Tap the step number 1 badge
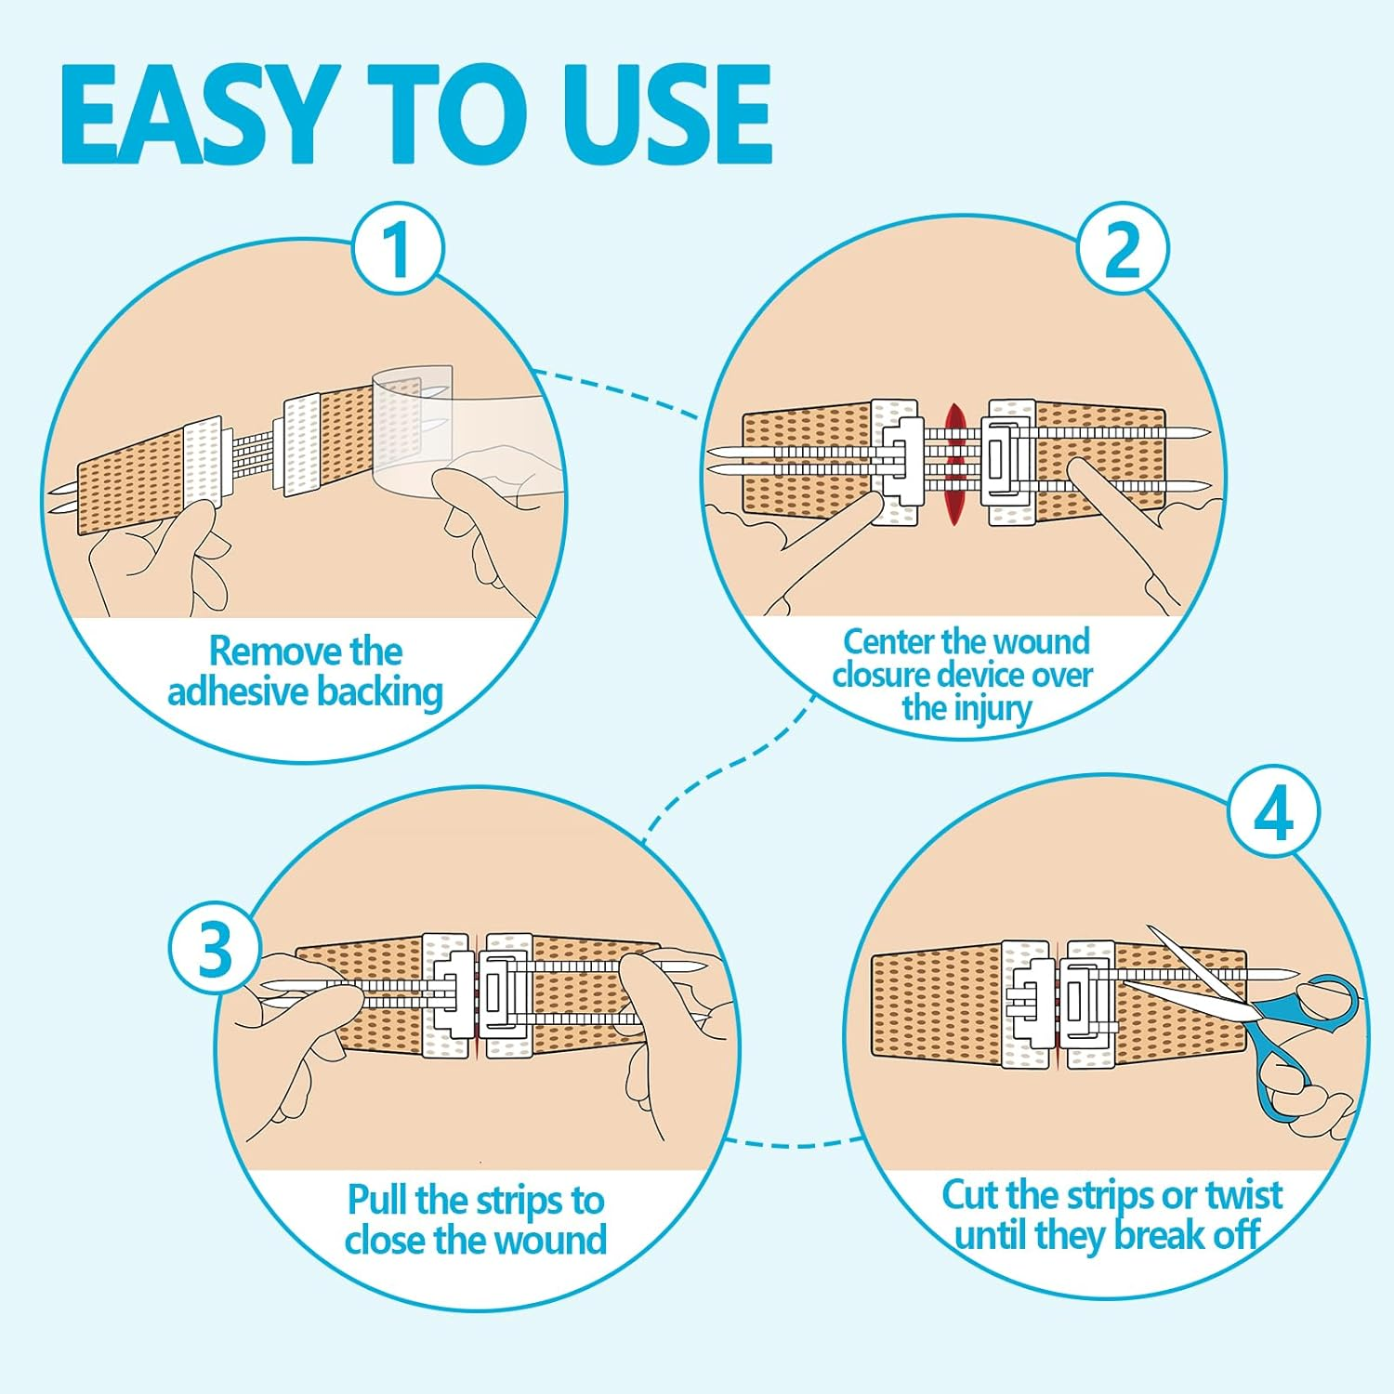tap(398, 248)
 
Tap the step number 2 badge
tap(1123, 248)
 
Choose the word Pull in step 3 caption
tap(377, 1200)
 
